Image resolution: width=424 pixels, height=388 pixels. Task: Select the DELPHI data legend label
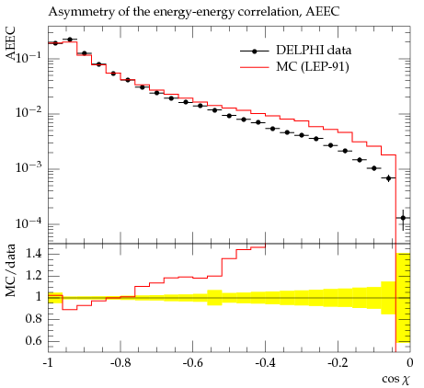pyautogui.click(x=314, y=50)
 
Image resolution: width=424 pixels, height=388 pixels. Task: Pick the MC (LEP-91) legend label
pyautogui.click(x=313, y=66)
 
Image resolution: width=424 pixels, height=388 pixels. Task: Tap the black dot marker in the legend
pyautogui.click(x=254, y=51)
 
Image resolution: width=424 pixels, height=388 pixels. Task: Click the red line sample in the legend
pyautogui.click(x=255, y=67)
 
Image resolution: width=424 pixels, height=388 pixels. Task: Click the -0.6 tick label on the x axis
pyautogui.click(x=193, y=363)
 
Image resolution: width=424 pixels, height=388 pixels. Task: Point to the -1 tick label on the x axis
pyautogui.click(x=48, y=363)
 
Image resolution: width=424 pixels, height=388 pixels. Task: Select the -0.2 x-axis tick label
pyautogui.click(x=338, y=363)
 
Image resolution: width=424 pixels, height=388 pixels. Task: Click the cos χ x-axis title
pyautogui.click(x=395, y=380)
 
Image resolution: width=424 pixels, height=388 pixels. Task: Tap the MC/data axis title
pyautogui.click(x=10, y=270)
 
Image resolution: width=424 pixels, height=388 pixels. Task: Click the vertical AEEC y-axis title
pyautogui.click(x=10, y=43)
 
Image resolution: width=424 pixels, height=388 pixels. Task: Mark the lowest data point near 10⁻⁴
pyautogui.click(x=403, y=218)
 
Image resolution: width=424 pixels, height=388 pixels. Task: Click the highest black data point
pyautogui.click(x=70, y=40)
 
